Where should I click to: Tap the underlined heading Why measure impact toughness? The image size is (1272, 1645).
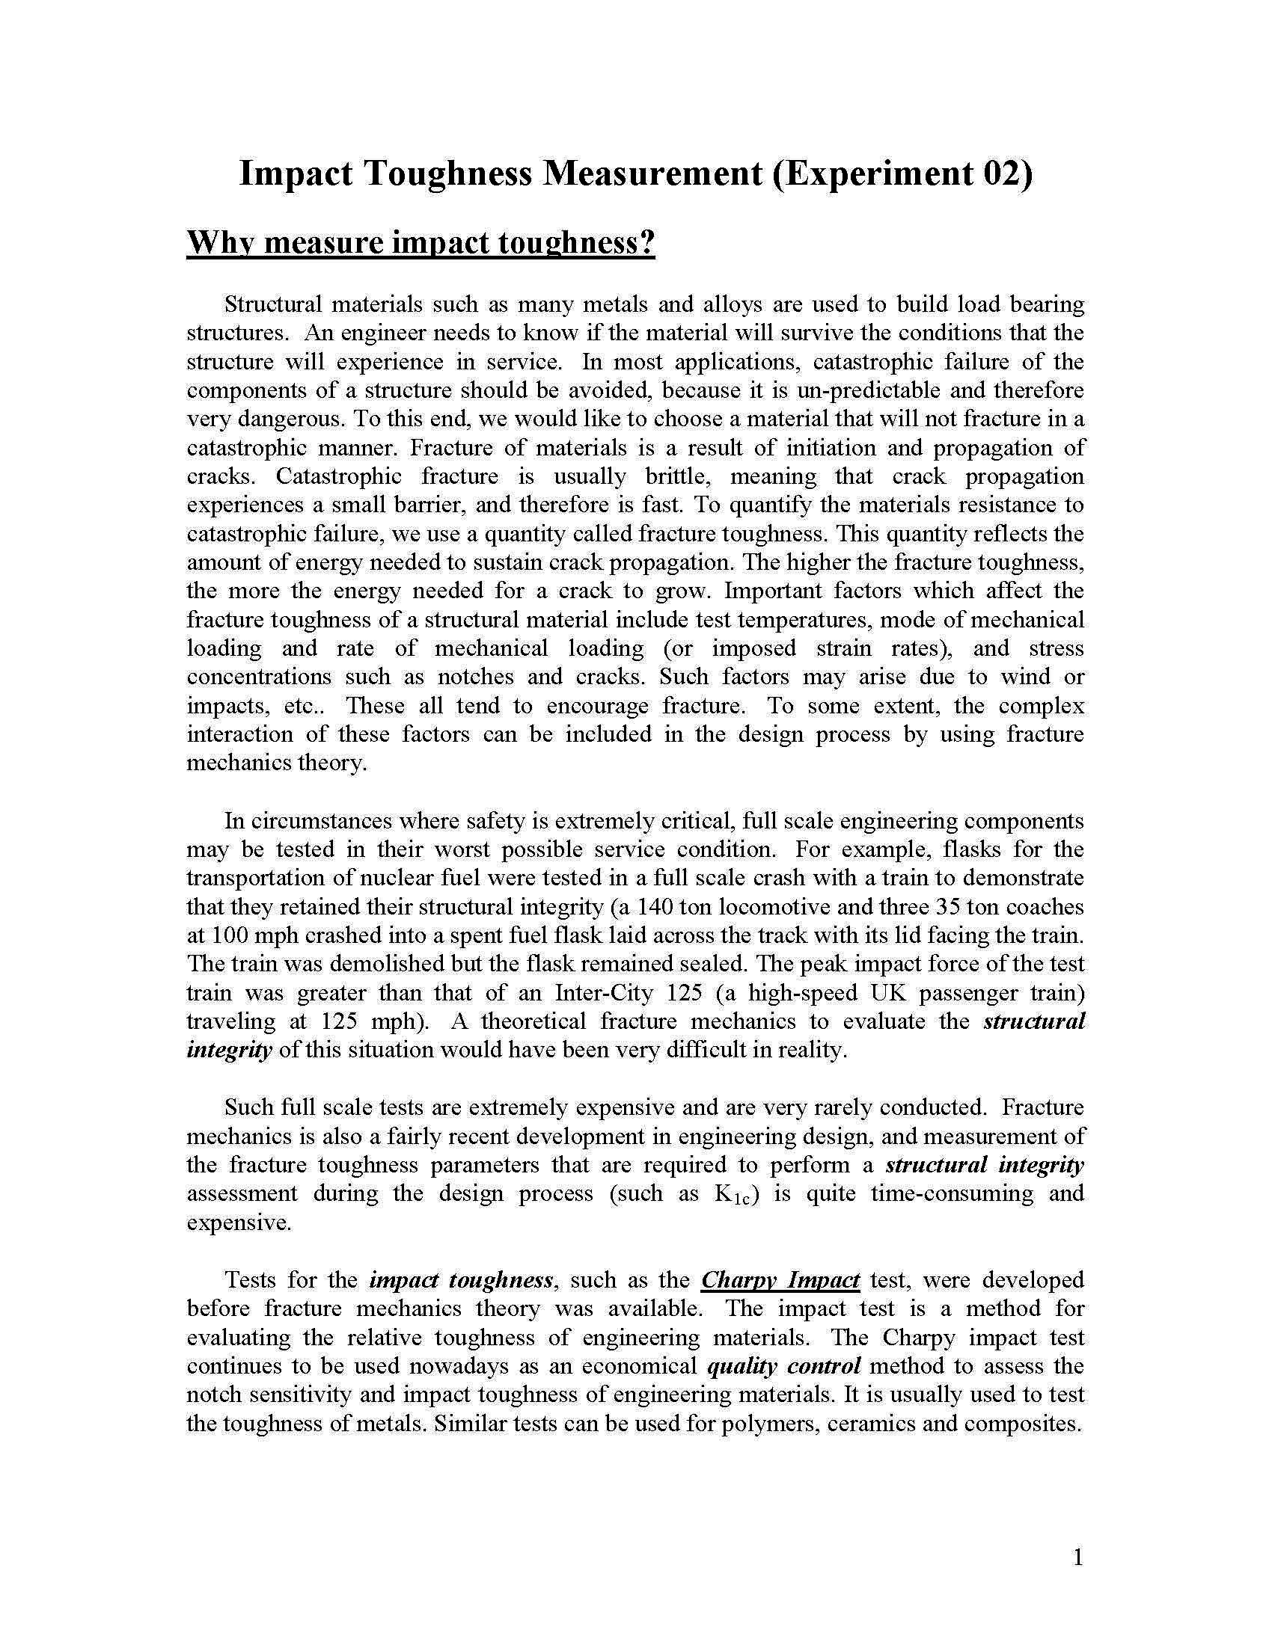[421, 244]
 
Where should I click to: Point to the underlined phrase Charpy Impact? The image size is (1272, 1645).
[780, 1280]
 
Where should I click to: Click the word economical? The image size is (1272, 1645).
[640, 1366]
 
